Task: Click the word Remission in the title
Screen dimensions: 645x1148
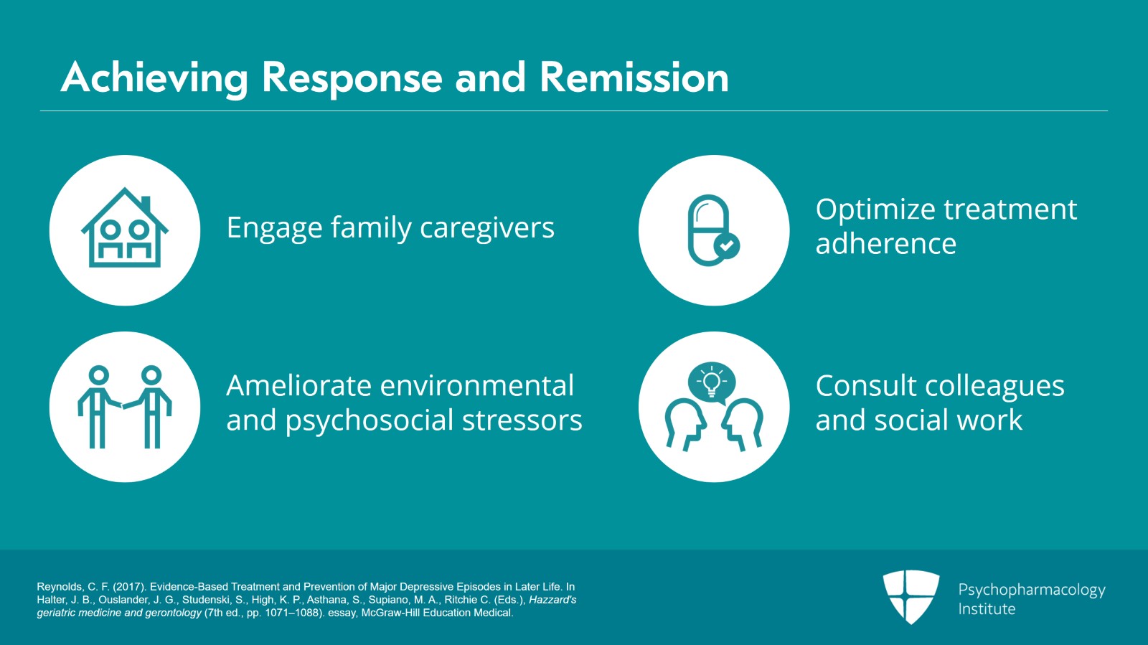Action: point(634,77)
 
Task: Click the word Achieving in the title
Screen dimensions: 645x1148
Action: point(154,77)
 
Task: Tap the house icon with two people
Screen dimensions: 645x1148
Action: point(125,230)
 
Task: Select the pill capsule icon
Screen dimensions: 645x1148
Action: point(708,230)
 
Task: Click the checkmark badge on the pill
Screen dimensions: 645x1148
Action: point(727,246)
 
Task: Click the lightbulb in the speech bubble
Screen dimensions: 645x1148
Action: point(711,381)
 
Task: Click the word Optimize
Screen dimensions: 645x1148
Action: point(874,209)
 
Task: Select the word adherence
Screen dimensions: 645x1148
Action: point(885,244)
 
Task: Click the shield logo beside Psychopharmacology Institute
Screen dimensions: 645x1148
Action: point(911,595)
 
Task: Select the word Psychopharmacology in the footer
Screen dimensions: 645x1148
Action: point(1031,590)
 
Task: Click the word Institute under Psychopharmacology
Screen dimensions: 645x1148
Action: point(987,609)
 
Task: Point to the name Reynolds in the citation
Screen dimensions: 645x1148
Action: point(60,587)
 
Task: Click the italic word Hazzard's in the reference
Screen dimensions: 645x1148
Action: point(552,600)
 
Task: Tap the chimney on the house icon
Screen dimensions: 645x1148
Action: point(146,204)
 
